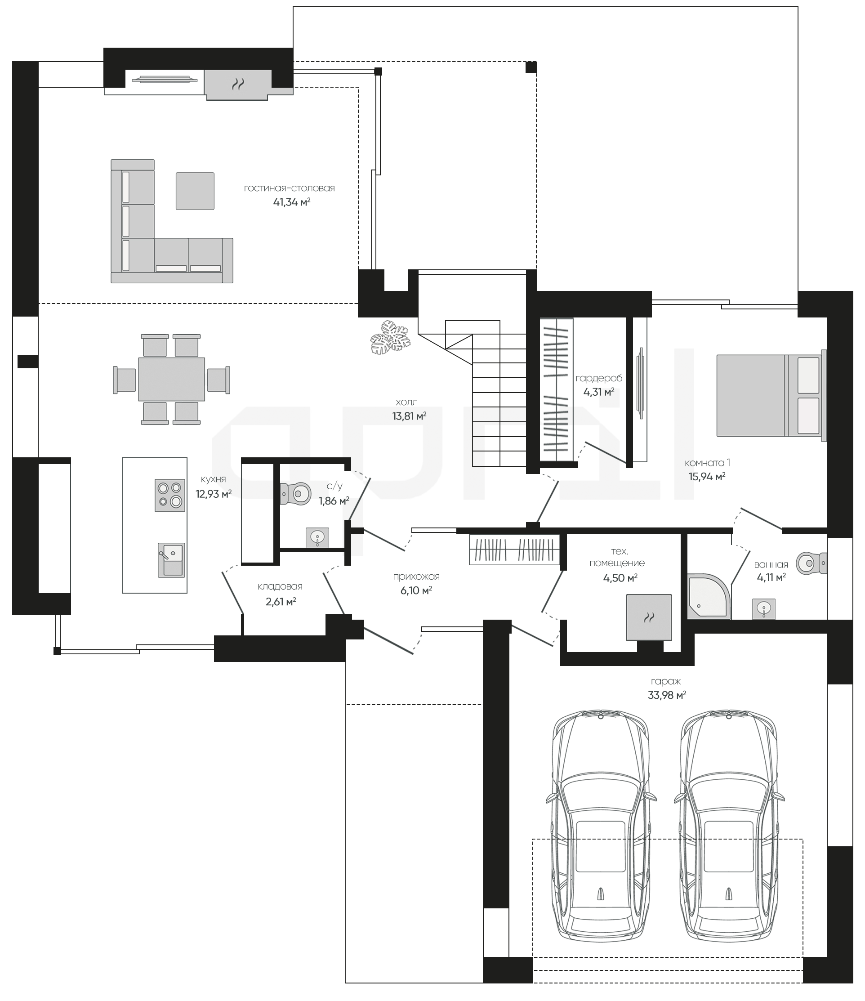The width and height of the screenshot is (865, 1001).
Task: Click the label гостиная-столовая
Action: coord(289,188)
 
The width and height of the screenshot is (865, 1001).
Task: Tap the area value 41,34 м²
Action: coord(292,202)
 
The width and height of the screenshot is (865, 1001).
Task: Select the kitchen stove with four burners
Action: coord(170,495)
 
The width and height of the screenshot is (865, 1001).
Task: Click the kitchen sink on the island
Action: coord(171,560)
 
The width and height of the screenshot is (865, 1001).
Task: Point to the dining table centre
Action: coord(171,379)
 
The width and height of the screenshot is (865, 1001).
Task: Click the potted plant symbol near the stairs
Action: coord(390,337)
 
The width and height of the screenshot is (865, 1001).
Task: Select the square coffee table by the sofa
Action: coord(195,191)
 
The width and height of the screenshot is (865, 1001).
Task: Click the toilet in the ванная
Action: coord(811,563)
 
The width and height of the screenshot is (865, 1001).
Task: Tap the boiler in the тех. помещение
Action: coord(649,617)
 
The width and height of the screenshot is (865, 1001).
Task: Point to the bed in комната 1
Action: coord(771,396)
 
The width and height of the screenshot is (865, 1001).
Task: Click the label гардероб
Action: coord(599,378)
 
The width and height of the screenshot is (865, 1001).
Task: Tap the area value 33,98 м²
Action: coord(667,695)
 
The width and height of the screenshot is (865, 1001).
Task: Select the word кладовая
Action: coord(280,586)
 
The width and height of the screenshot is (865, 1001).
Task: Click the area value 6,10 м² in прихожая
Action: coord(416,590)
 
